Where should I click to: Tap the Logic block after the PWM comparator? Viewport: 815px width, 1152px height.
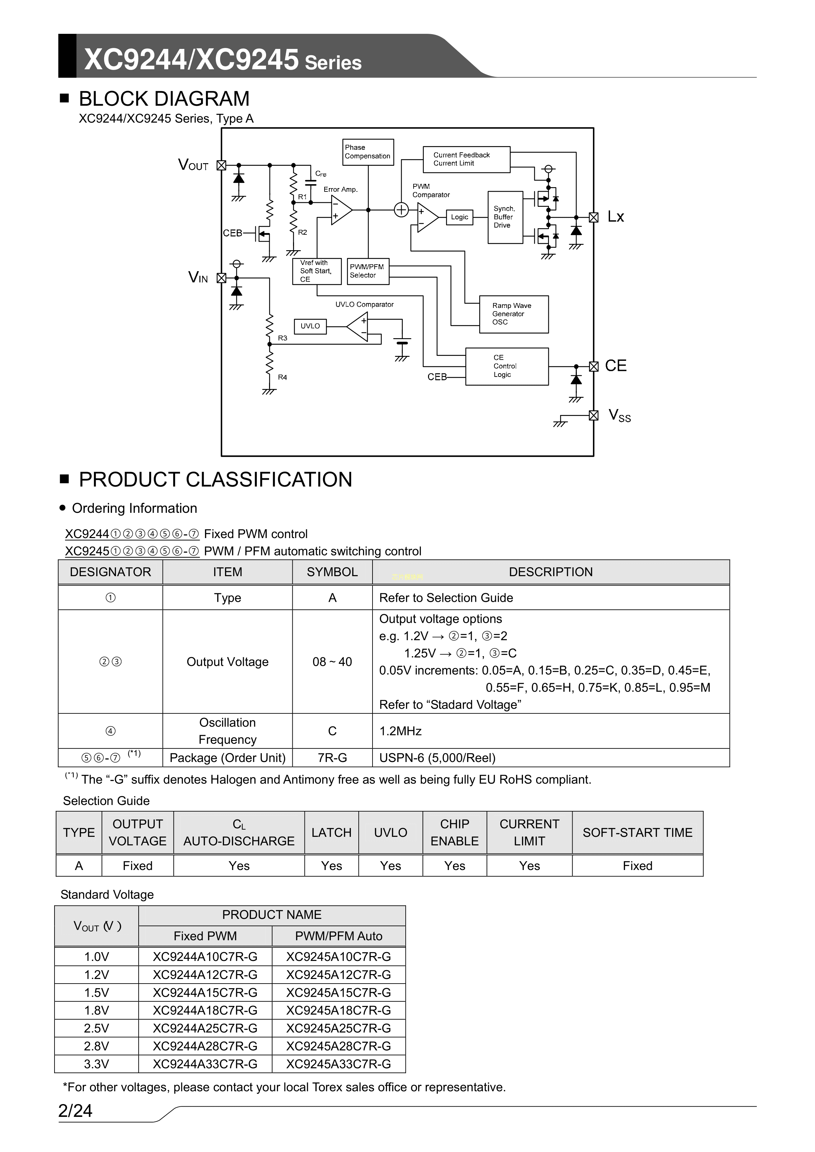[x=459, y=217]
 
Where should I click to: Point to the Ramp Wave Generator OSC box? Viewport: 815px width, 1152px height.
[x=513, y=314]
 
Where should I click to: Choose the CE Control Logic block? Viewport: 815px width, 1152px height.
[x=506, y=366]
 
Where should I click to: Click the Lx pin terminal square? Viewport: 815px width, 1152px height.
[x=594, y=218]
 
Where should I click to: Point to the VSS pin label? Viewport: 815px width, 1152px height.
[x=619, y=415]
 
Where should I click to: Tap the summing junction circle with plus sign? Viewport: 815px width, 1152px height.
[x=401, y=210]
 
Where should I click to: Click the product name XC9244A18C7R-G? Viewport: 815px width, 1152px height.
[x=205, y=1011]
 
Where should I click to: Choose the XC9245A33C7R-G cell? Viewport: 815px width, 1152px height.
[x=338, y=1064]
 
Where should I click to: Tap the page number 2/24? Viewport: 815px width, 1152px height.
[x=75, y=1111]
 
